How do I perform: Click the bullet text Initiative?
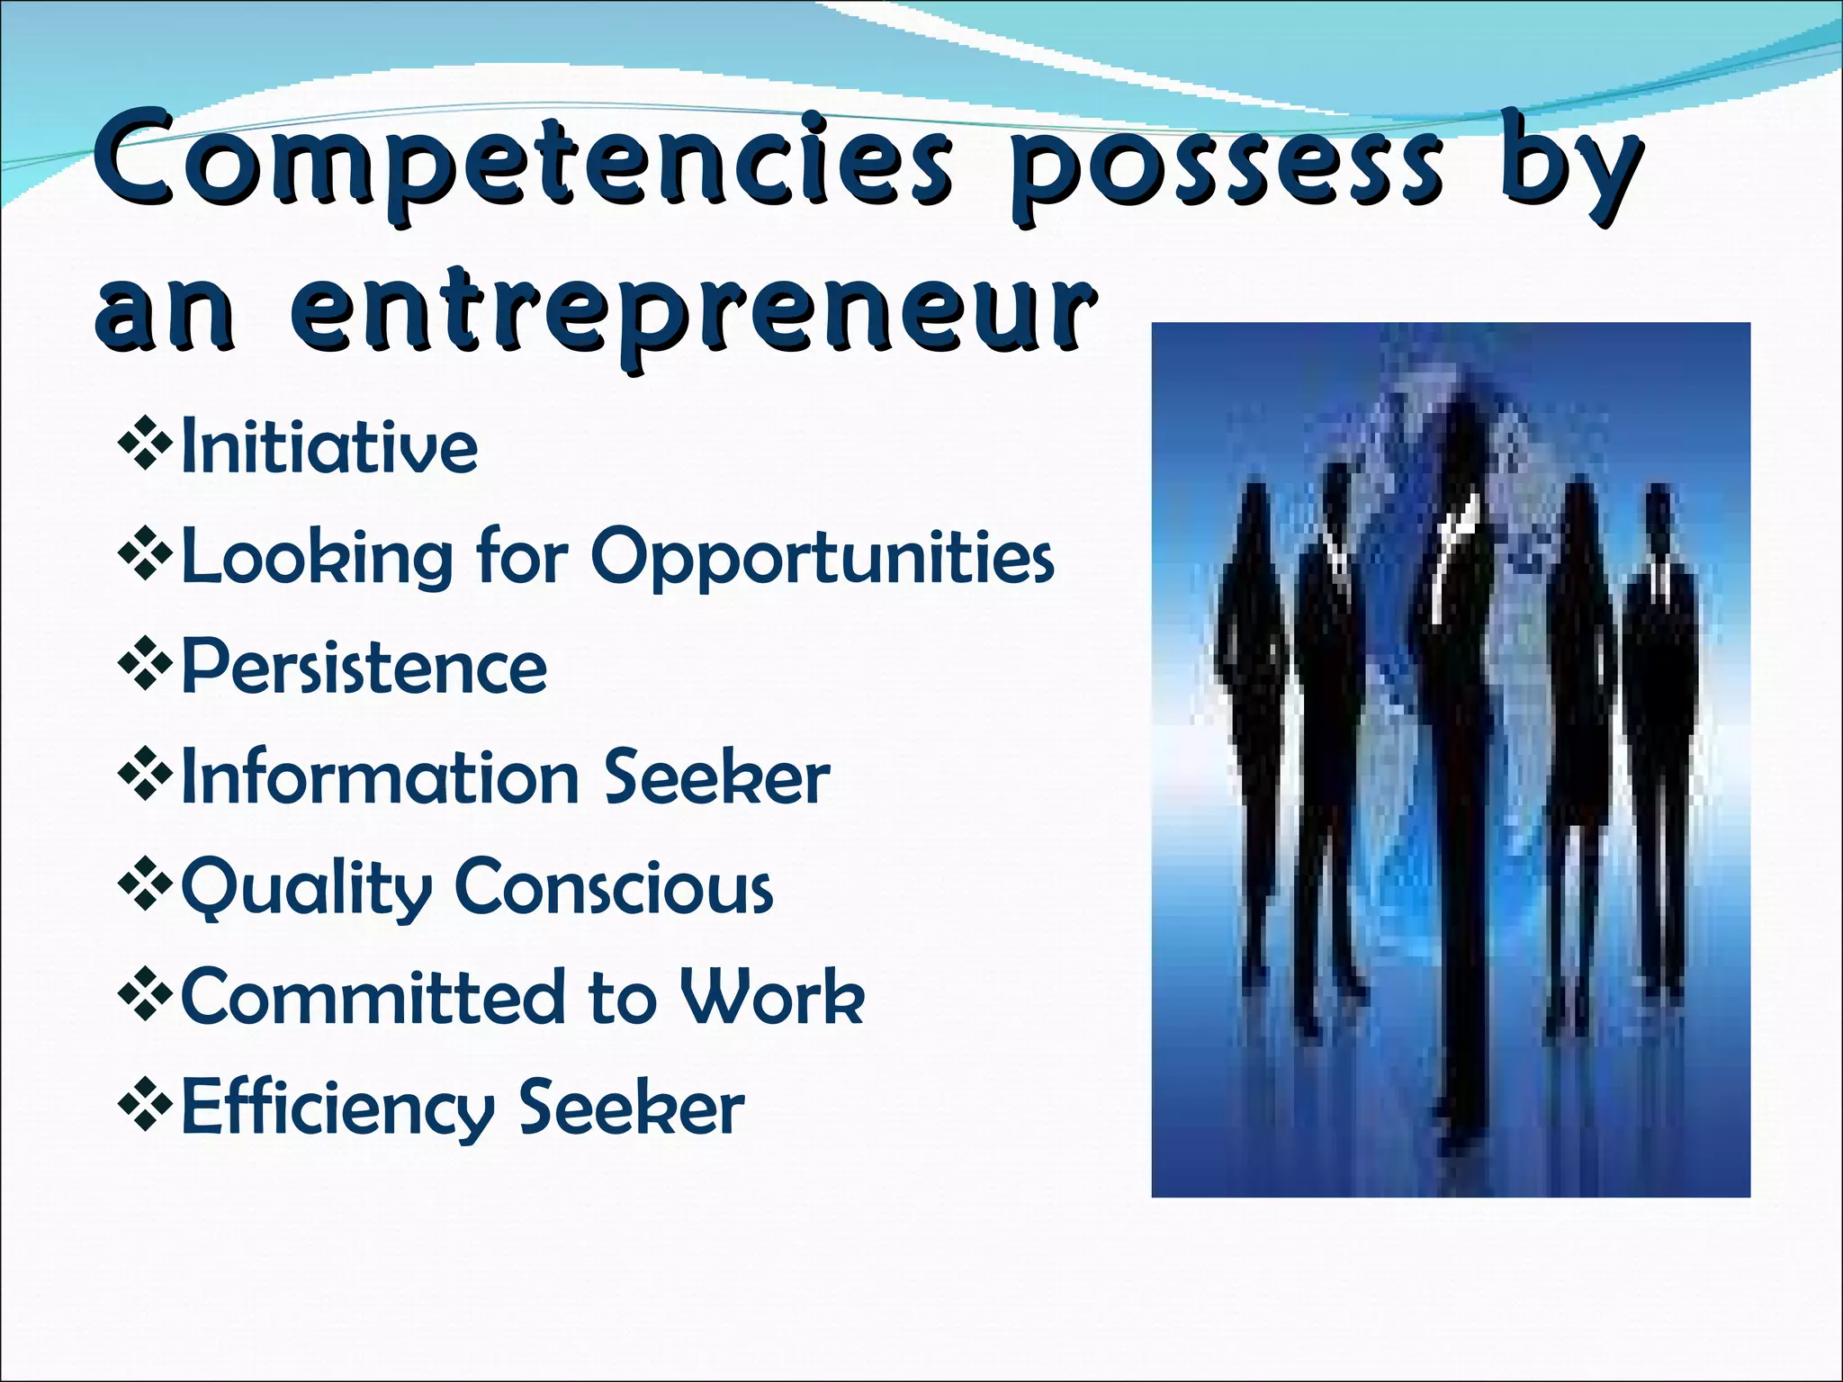[x=329, y=446]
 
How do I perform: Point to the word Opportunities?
[x=823, y=558]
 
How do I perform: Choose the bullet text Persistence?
[x=364, y=668]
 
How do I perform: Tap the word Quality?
[x=307, y=889]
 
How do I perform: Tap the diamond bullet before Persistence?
[x=145, y=663]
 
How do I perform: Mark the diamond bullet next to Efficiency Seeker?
[x=145, y=1104]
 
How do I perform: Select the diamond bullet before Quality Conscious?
[x=145, y=884]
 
